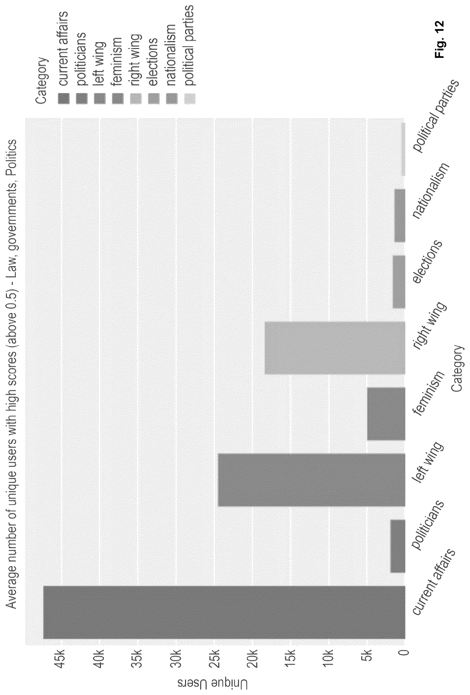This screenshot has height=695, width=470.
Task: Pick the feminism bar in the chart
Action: tap(386, 414)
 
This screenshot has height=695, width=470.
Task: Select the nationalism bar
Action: tap(400, 216)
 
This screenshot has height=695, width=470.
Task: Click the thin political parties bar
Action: tap(403, 149)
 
